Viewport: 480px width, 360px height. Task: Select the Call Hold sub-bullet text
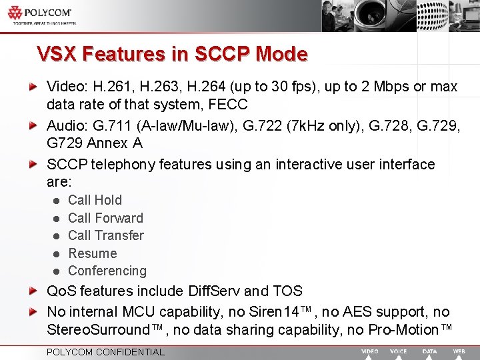pyautogui.click(x=95, y=200)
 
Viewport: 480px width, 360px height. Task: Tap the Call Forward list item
pyautogui.click(x=105, y=218)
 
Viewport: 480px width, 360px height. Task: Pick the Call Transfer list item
pyautogui.click(x=106, y=235)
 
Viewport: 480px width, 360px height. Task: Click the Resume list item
pyautogui.click(x=93, y=253)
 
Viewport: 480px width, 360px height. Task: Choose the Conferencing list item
pyautogui.click(x=107, y=271)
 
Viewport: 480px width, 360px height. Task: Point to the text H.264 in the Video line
pyautogui.click(x=207, y=87)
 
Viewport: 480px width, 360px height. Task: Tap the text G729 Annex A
pyautogui.click(x=95, y=143)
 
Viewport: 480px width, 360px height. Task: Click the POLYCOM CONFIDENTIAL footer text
pyautogui.click(x=105, y=352)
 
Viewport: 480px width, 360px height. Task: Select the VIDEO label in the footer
pyautogui.click(x=370, y=351)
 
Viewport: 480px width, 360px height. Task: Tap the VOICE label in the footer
pyautogui.click(x=399, y=351)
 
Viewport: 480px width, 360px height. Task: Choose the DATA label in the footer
pyautogui.click(x=430, y=351)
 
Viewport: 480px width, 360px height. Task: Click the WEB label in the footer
pyautogui.click(x=459, y=351)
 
